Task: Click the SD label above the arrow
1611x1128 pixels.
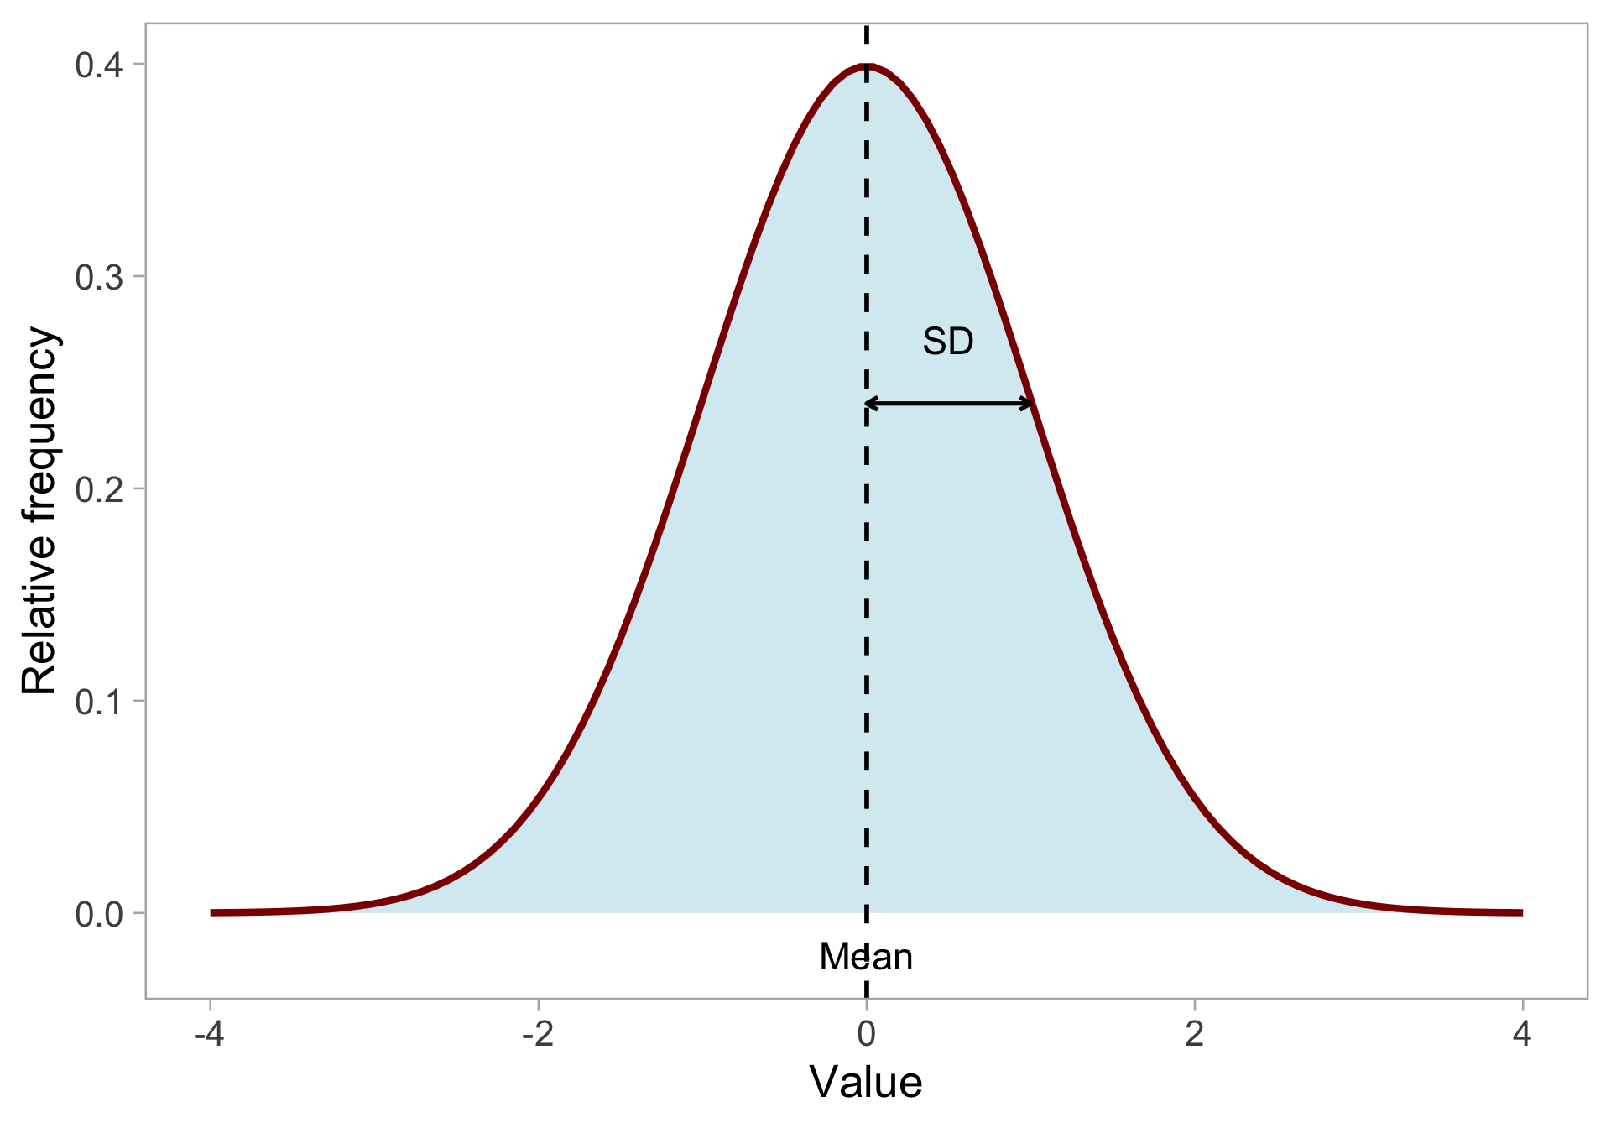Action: pos(948,342)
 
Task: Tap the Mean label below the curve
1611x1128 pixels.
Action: pos(866,957)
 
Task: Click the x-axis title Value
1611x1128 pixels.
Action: pos(866,1082)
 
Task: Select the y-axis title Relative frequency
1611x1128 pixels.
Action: pos(39,510)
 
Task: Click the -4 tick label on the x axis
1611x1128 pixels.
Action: pos(209,1035)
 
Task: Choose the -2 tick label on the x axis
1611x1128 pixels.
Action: pos(538,1035)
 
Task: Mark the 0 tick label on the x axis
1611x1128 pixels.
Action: pos(866,1035)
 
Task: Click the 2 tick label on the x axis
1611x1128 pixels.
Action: pos(1194,1035)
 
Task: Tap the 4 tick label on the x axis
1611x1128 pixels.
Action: pos(1523,1035)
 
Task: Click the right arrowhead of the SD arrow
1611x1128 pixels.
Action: pos(1029,404)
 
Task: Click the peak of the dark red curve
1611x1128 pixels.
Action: pos(867,66)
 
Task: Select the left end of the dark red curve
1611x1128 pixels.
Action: pos(212,912)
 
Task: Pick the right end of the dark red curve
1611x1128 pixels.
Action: pos(1520,912)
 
